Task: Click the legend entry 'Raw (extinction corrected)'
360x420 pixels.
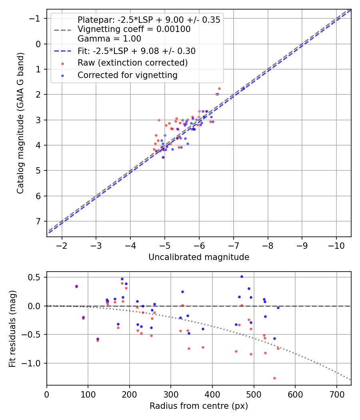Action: click(x=132, y=63)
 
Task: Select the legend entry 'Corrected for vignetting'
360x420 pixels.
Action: click(x=128, y=75)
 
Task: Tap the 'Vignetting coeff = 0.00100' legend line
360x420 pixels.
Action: click(x=134, y=29)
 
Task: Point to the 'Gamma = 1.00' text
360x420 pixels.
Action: click(x=109, y=39)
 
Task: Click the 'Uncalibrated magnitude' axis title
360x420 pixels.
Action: click(x=199, y=257)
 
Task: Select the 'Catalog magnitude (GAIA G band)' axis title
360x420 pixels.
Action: click(x=20, y=123)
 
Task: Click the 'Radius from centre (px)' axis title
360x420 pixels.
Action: click(x=199, y=406)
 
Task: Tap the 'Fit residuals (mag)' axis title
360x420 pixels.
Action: click(x=12, y=328)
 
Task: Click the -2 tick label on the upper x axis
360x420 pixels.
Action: click(x=62, y=245)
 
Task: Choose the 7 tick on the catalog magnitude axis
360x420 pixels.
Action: click(x=38, y=221)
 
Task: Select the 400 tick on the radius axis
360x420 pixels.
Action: click(x=212, y=393)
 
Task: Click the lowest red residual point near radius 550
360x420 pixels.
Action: click(x=274, y=378)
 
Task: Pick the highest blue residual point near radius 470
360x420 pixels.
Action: click(x=242, y=276)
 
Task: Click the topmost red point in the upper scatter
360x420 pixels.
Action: click(x=219, y=88)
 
